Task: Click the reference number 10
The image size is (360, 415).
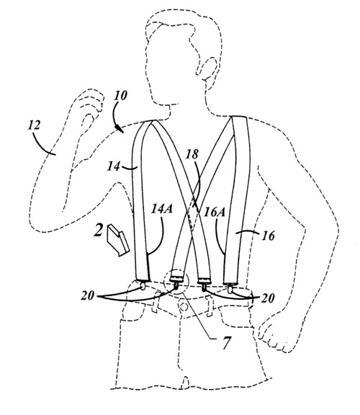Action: click(121, 96)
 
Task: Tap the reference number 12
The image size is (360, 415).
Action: click(34, 125)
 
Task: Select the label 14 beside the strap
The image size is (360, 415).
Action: click(114, 166)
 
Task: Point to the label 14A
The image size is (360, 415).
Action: click(161, 209)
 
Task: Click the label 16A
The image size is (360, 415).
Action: click(215, 213)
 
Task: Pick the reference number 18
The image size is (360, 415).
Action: click(192, 154)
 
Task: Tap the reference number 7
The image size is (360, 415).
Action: click(226, 343)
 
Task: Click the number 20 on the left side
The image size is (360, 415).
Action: click(88, 295)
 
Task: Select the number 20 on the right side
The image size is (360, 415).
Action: click(268, 298)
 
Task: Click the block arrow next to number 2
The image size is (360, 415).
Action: click(118, 241)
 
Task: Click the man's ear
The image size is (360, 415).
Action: click(209, 69)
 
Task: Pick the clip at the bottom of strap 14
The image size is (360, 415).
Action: click(143, 286)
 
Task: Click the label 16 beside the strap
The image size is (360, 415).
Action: click(268, 236)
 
